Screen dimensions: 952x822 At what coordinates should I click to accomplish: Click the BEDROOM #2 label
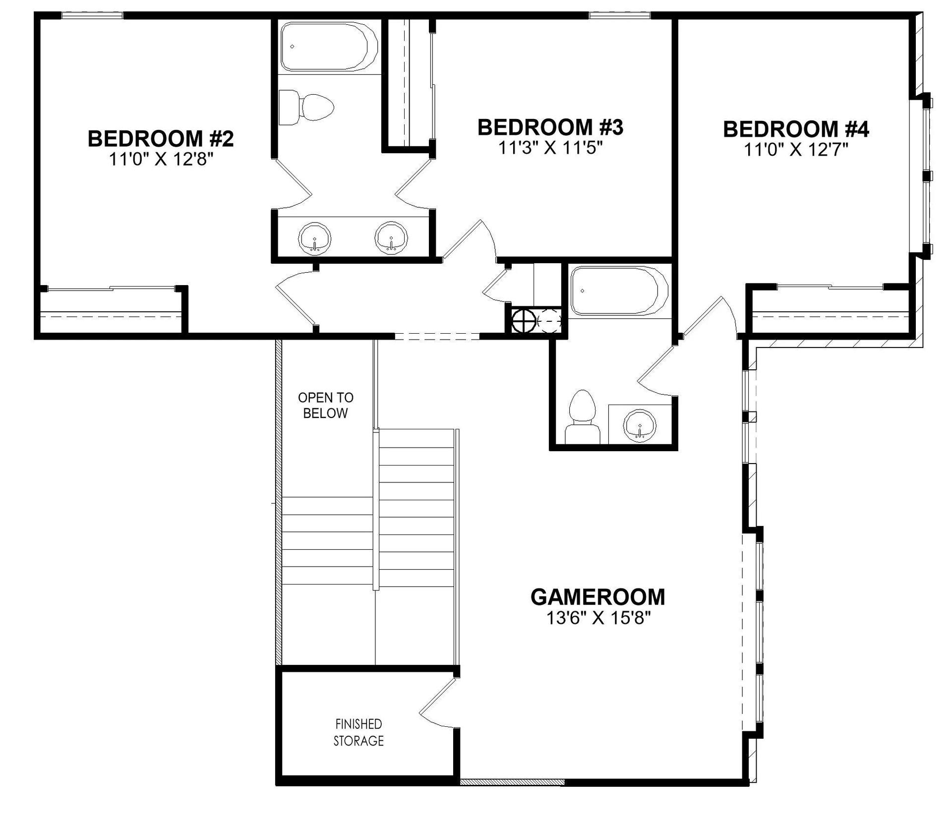pyautogui.click(x=160, y=138)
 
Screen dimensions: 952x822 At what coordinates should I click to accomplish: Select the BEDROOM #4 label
pyautogui.click(x=796, y=129)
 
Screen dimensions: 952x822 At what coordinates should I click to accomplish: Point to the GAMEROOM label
pyautogui.click(x=597, y=597)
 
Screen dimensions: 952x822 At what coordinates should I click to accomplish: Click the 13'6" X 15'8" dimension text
pyautogui.click(x=598, y=618)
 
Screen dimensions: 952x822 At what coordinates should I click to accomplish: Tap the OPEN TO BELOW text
pyautogui.click(x=326, y=405)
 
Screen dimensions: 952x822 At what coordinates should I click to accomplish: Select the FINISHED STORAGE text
pyautogui.click(x=358, y=732)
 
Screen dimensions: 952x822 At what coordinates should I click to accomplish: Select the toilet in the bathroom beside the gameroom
pyautogui.click(x=583, y=416)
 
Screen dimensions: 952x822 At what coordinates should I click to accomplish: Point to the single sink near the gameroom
pyautogui.click(x=640, y=425)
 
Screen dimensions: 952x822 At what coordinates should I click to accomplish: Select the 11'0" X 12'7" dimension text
pyautogui.click(x=796, y=149)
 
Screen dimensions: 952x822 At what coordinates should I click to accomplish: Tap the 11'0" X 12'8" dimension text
pyautogui.click(x=161, y=159)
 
